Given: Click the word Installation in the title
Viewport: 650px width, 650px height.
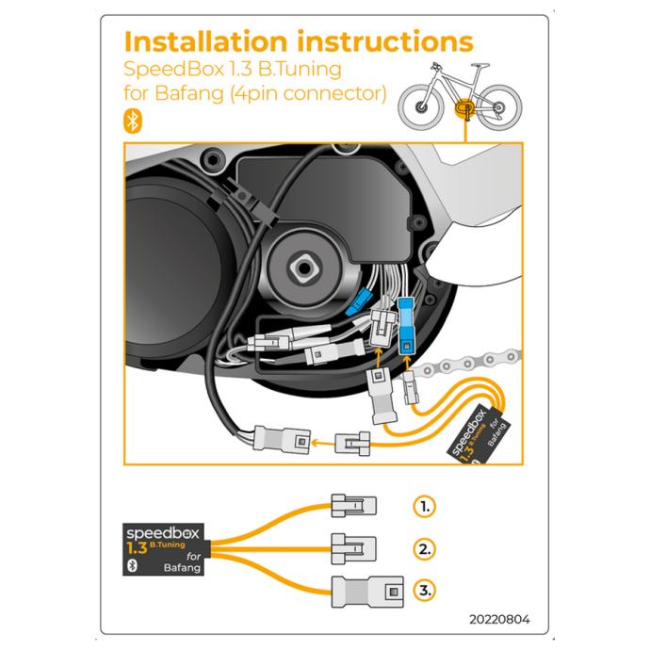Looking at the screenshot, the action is (205, 41).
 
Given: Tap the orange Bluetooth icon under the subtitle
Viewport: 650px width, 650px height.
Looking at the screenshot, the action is (133, 122).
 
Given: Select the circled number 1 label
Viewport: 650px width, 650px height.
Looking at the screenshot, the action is (425, 506).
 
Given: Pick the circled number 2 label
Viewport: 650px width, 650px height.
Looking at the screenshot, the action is (425, 549).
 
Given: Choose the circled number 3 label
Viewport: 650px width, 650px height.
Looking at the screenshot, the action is (425, 591).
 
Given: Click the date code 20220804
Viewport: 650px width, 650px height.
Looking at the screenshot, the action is (499, 619).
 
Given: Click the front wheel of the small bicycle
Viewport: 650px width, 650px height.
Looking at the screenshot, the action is (421, 107).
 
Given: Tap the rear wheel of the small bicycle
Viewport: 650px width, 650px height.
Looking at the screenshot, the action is (498, 107).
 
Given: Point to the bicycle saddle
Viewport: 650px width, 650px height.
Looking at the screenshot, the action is (480, 66).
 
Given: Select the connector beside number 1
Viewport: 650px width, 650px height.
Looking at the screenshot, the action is (353, 505).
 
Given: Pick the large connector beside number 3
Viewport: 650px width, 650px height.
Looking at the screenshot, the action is (367, 592).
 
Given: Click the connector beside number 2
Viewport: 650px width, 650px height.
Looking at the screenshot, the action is (353, 548).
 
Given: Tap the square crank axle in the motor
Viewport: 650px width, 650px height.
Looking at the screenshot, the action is (304, 268).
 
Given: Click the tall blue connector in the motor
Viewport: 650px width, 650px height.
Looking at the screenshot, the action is (406, 326).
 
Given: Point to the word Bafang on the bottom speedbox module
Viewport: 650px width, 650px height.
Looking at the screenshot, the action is (183, 567).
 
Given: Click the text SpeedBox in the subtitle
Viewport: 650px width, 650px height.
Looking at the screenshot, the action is (174, 69).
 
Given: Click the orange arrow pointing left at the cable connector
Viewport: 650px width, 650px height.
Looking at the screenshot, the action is (322, 443).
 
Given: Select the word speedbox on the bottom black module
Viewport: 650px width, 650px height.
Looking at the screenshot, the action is (163, 533).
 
